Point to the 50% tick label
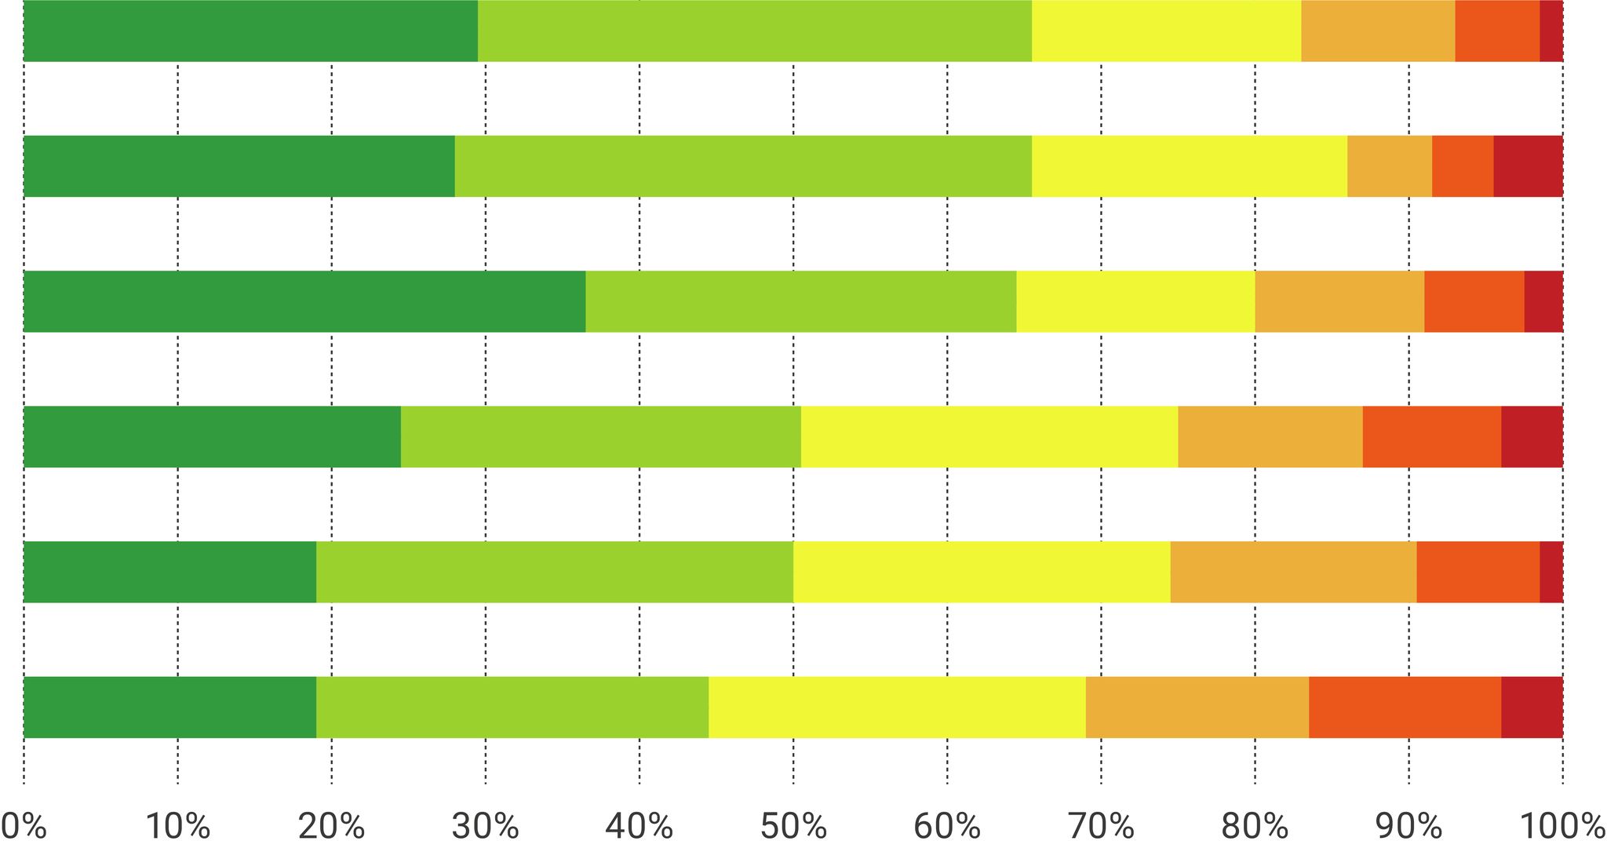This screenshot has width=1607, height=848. point(793,826)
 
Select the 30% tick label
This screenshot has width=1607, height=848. point(486,826)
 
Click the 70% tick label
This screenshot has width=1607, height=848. point(1101,826)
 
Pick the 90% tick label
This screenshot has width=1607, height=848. point(1408,826)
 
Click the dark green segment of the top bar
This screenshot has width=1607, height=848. point(250,31)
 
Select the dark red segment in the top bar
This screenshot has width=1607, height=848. point(1551,31)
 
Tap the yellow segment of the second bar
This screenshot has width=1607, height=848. point(1189,166)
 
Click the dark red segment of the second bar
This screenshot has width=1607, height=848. point(1528,166)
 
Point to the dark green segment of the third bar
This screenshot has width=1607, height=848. point(304,301)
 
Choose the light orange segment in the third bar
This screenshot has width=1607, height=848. point(1339,301)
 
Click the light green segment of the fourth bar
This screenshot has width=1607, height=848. point(600,436)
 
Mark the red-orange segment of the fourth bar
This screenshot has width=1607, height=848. point(1431,436)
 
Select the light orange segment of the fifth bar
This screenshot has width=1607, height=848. point(1293,572)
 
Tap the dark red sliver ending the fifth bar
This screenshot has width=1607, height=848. point(1551,572)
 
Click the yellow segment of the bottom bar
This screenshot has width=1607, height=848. point(897,707)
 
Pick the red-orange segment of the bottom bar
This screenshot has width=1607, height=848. point(1405,707)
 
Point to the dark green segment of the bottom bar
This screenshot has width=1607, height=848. point(169,707)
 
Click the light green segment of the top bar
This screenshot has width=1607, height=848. point(754,31)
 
